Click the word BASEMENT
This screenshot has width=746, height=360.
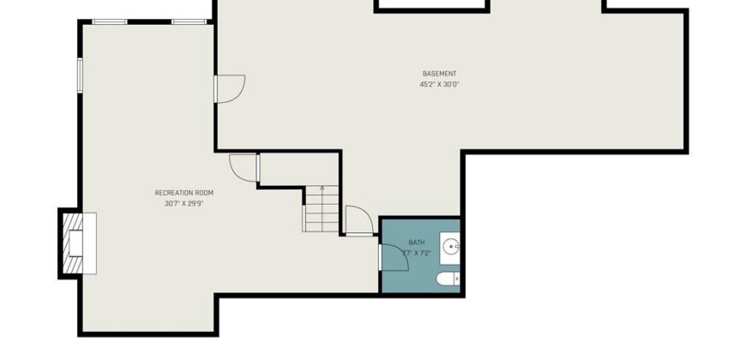click(x=439, y=74)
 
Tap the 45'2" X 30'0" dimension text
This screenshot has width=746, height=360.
click(x=439, y=85)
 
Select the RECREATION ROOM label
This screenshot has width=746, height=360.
click(x=184, y=193)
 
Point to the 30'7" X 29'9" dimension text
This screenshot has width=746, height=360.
click(x=184, y=203)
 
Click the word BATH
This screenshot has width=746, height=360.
click(x=417, y=243)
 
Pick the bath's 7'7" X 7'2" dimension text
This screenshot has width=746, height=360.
click(x=417, y=254)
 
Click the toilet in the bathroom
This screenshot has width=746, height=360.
click(x=448, y=279)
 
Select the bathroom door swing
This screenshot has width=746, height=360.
click(x=394, y=257)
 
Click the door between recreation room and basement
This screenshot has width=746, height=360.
click(x=229, y=89)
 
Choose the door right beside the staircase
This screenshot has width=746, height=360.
click(x=359, y=220)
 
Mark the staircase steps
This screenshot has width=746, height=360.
click(x=322, y=209)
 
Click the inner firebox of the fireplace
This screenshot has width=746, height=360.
click(x=76, y=243)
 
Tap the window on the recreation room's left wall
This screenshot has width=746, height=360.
click(x=80, y=75)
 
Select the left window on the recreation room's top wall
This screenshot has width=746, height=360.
click(x=110, y=22)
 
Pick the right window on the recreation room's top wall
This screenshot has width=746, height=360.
click(x=190, y=22)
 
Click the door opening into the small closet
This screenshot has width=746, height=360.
click(x=244, y=168)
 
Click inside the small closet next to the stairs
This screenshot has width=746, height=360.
click(x=298, y=169)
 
